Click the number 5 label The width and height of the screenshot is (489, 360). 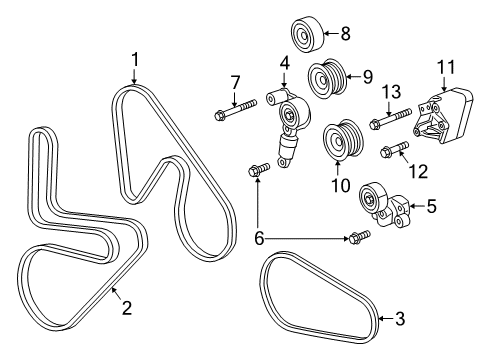[432, 208]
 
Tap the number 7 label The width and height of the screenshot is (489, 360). [236, 80]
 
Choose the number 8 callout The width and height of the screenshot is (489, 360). [345, 32]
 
